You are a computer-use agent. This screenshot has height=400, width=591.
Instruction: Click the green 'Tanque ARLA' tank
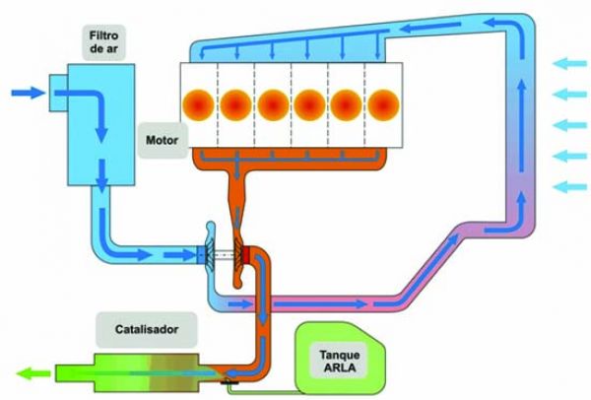click(x=340, y=360)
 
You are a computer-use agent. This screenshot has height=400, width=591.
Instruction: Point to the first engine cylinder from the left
click(x=198, y=102)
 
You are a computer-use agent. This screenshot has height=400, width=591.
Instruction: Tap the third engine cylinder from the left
click(x=273, y=102)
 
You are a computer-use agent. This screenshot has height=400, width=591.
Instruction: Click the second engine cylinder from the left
click(x=235, y=102)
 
